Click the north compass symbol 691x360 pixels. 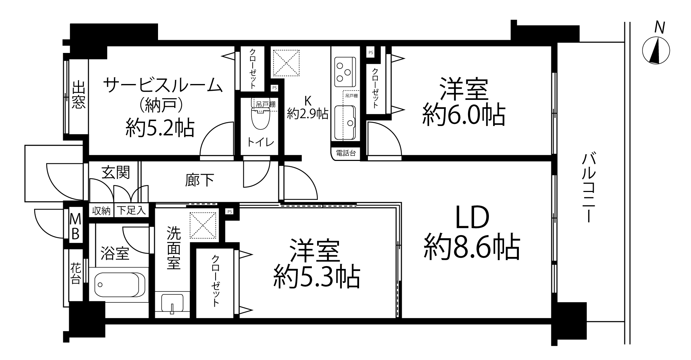point(656,51)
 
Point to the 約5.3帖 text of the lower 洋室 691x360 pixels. point(316,277)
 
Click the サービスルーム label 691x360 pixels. point(163,86)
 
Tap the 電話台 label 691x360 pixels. point(345,154)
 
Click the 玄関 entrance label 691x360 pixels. point(116,173)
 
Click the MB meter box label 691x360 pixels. point(75,226)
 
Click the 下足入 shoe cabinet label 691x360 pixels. point(131,211)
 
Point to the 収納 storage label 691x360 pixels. point(101,211)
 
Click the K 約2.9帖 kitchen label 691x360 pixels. point(308,108)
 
